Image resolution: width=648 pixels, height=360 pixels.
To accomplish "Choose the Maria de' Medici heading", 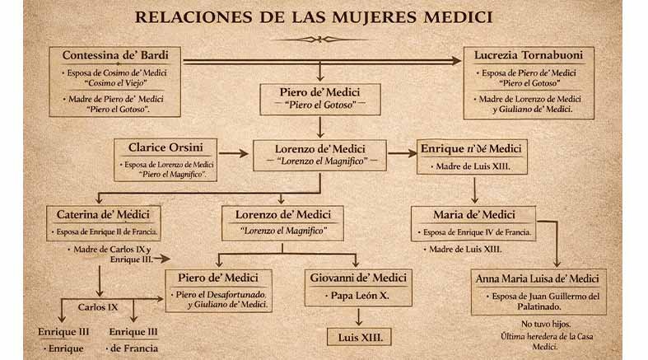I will [x=474, y=215].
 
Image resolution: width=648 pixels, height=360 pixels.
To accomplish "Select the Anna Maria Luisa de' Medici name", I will [x=542, y=278].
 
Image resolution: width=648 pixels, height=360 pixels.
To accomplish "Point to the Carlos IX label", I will [x=98, y=306].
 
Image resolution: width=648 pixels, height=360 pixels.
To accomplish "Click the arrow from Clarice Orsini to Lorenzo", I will [x=234, y=152].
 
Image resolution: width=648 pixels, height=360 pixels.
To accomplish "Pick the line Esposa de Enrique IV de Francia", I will [x=477, y=232].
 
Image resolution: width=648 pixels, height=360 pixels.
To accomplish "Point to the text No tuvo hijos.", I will [x=545, y=325].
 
